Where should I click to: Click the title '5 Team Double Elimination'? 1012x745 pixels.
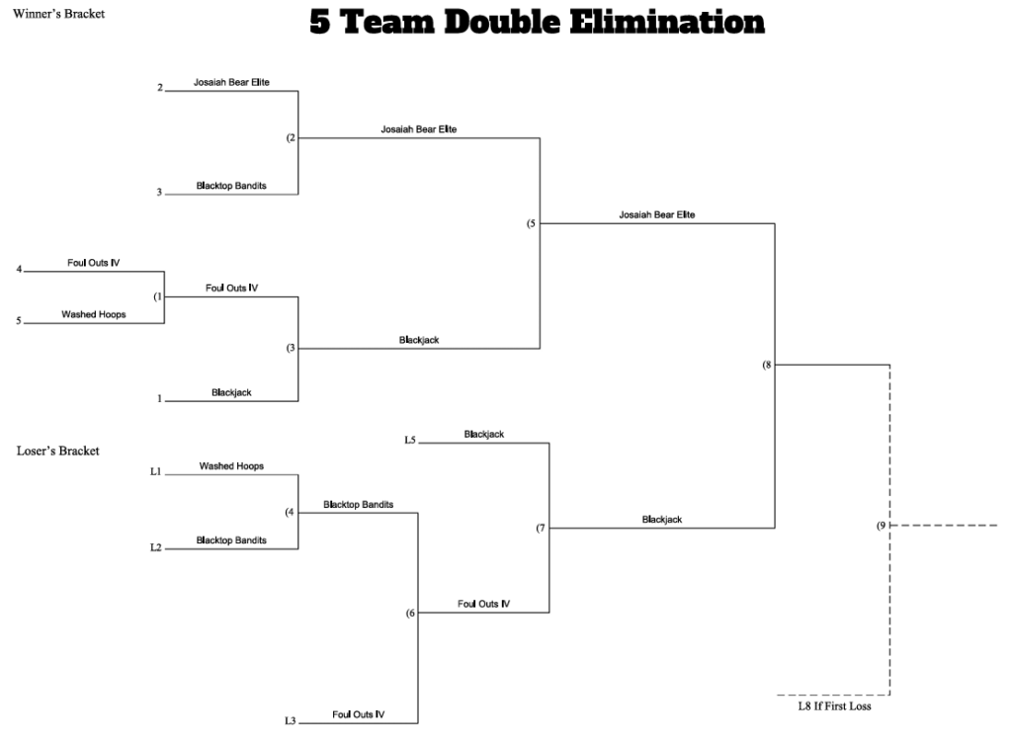[537, 22]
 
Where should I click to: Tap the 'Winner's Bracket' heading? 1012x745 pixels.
[58, 14]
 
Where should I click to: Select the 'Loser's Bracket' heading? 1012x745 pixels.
[58, 451]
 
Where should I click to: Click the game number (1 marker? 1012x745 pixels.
[158, 296]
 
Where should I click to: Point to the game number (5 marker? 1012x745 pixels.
[531, 224]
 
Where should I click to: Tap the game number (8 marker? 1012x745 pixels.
[767, 365]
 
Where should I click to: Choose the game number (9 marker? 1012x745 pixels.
[882, 526]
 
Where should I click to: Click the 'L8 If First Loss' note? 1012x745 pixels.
[834, 706]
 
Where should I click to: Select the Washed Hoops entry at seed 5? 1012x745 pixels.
[94, 314]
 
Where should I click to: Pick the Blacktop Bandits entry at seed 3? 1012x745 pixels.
[231, 186]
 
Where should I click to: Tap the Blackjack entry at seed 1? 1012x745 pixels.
[231, 392]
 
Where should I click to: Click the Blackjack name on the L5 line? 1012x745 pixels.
[484, 434]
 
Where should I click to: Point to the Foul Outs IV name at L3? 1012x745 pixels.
[358, 714]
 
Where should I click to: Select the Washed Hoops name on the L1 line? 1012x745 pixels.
[231, 465]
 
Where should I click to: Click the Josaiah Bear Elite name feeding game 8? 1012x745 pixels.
[657, 214]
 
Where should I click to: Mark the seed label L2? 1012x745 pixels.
[155, 547]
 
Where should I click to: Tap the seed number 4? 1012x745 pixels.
[20, 269]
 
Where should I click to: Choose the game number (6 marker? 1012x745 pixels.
[410, 613]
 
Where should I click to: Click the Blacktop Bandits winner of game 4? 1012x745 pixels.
[358, 505]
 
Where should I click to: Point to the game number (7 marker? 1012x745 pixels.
[541, 529]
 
